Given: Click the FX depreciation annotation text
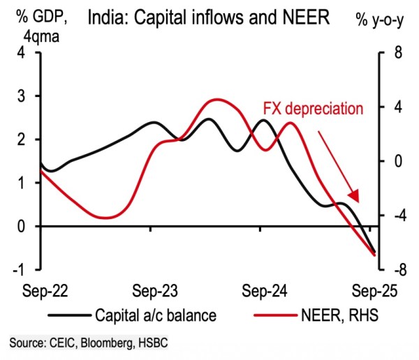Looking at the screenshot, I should tap(314, 109).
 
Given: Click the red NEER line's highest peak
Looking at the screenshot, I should tap(215, 100).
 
